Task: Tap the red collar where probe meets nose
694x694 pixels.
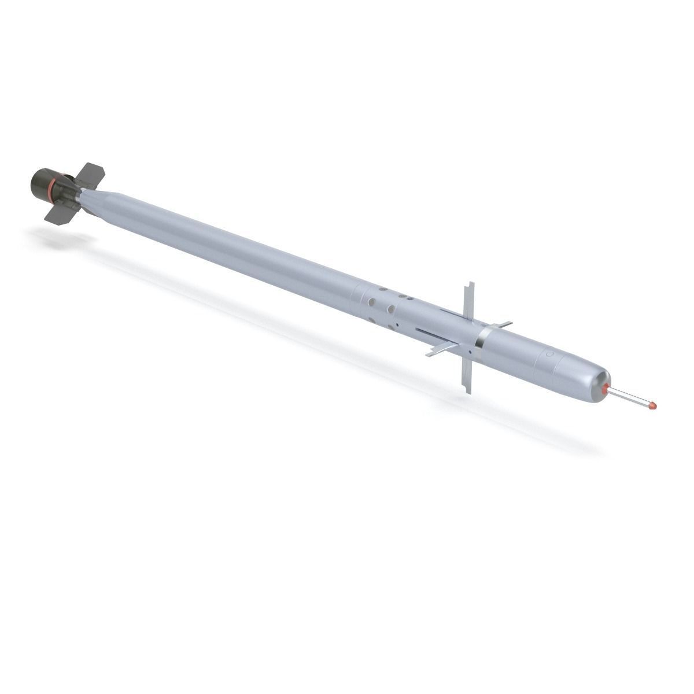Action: point(606,389)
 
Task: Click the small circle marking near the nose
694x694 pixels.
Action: point(549,352)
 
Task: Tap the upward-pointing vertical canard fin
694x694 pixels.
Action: point(468,304)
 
